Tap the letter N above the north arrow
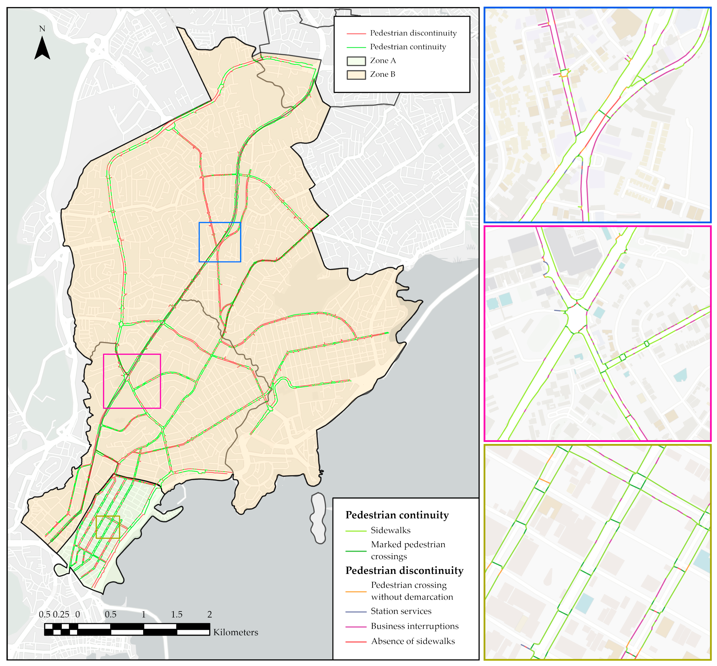(x=42, y=29)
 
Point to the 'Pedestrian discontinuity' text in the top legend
(x=413, y=33)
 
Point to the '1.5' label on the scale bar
(x=177, y=614)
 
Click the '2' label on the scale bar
(x=210, y=614)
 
